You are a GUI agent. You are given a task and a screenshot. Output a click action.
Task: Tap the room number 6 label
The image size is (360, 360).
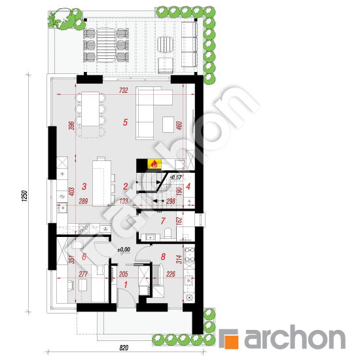84,258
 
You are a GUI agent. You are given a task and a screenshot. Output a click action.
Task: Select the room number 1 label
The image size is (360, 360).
126,285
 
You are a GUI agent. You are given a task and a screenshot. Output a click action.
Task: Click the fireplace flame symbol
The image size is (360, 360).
154,164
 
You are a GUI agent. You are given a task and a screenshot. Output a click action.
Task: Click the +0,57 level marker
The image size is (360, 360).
175,177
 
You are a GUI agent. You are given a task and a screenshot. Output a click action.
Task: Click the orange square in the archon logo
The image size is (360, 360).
230,340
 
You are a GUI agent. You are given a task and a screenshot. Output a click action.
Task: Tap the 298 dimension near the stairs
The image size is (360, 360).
170,202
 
